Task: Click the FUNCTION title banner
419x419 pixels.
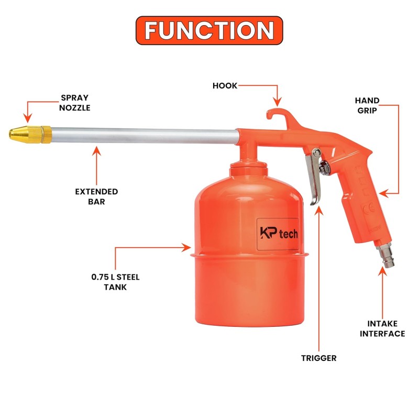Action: click(209, 30)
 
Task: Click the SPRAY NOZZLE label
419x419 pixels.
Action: click(74, 103)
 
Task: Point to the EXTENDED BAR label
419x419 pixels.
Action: click(96, 196)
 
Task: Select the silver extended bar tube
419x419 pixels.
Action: click(145, 136)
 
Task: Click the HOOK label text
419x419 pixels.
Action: click(225, 85)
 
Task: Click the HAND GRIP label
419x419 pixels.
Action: click(367, 105)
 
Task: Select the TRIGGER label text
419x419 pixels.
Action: click(319, 358)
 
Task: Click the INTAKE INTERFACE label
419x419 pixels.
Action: click(382, 328)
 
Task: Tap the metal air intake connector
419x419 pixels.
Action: click(385, 255)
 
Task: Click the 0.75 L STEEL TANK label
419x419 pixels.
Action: click(115, 282)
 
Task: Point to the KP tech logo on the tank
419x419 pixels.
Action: click(279, 233)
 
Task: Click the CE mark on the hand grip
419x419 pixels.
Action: click(370, 208)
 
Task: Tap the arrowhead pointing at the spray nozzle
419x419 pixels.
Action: click(28, 118)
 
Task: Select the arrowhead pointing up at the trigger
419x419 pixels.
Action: click(319, 211)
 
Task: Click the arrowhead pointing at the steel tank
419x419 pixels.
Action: click(186, 247)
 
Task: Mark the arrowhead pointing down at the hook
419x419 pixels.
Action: click(278, 102)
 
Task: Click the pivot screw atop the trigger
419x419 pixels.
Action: click(317, 152)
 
